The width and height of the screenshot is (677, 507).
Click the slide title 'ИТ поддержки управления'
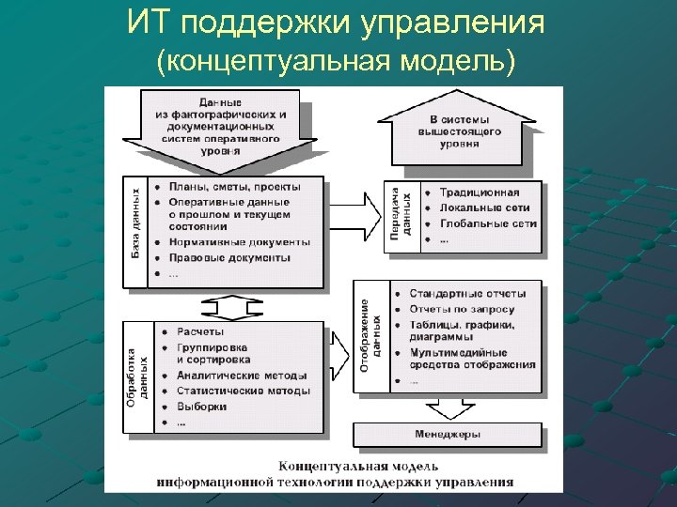point(336,23)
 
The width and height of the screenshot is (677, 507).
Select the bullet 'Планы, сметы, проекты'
point(229,186)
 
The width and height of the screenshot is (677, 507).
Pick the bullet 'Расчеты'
point(200,331)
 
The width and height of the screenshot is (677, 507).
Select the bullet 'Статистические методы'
point(242,391)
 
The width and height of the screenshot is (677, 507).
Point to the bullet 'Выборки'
point(201,407)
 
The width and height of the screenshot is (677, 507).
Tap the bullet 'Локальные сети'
point(483,207)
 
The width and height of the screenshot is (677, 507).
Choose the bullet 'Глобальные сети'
point(487,224)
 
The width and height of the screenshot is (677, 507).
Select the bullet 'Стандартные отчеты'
point(467,293)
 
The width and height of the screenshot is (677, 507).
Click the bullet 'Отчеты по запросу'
point(462,309)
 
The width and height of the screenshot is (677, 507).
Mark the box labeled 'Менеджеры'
point(448,435)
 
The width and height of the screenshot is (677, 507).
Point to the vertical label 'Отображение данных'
point(370,336)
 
